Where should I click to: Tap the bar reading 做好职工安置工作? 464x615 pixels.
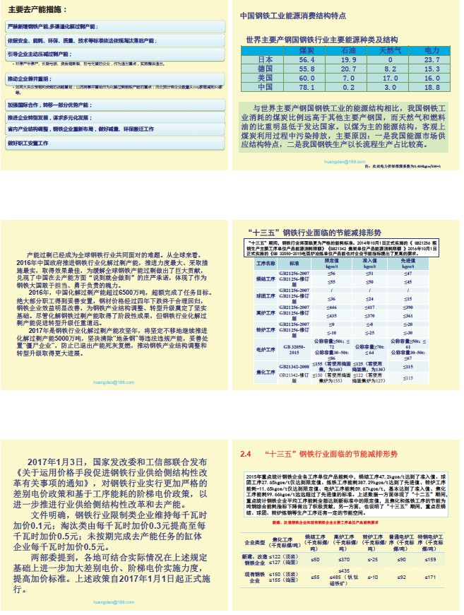[x=34, y=142]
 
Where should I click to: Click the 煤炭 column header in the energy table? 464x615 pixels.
[x=306, y=51]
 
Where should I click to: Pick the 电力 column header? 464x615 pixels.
[x=432, y=51]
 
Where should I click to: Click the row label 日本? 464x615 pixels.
[x=265, y=60]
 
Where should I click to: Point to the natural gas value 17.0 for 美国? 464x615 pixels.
[x=390, y=78]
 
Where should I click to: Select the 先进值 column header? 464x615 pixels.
[x=408, y=262]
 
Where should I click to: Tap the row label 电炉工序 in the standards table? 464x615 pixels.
[x=265, y=348]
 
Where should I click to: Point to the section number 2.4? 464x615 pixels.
[x=246, y=453]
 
